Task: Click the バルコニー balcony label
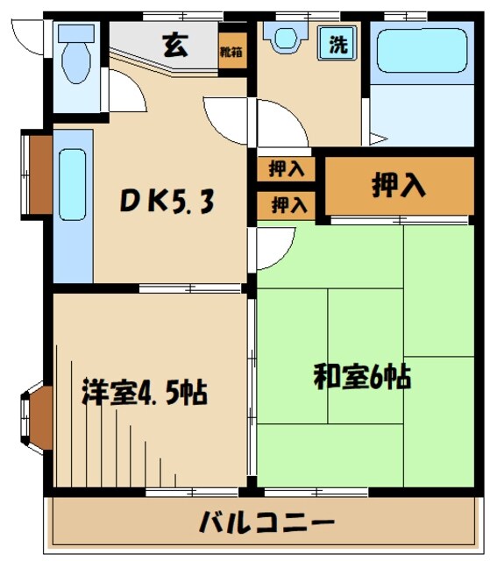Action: [x=266, y=524]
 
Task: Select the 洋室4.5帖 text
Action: [x=145, y=391]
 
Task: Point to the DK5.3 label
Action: [x=167, y=202]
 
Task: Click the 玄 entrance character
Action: [x=173, y=46]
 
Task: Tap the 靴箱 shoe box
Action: [x=231, y=52]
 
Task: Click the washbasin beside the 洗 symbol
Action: [x=285, y=39]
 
